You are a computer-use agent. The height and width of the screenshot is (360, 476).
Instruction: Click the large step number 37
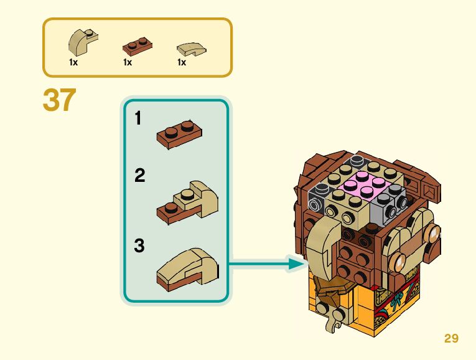(59, 100)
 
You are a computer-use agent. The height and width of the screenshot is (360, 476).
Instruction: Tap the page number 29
(451, 338)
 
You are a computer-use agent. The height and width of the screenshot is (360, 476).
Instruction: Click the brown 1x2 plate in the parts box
(138, 45)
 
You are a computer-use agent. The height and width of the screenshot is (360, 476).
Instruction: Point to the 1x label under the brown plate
(128, 62)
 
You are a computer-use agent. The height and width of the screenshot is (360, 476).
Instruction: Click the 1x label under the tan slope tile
(182, 62)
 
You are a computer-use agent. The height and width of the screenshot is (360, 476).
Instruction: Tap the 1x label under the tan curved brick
(73, 62)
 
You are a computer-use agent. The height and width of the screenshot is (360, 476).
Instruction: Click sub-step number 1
(139, 118)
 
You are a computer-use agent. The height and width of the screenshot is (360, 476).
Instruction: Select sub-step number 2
(139, 176)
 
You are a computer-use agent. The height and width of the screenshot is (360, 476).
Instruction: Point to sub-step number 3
(139, 246)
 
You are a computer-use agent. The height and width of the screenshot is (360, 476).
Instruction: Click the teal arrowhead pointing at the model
(299, 264)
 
